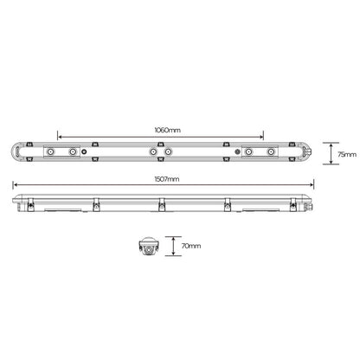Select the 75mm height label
(346, 153)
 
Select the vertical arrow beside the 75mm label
(331, 153)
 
